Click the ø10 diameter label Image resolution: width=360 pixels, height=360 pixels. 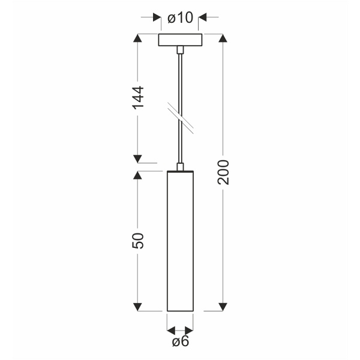coord(181,18)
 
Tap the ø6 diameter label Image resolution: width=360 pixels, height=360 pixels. coord(180,343)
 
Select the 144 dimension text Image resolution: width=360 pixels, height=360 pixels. coord(138,98)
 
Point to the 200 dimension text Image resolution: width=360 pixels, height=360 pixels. coord(223,172)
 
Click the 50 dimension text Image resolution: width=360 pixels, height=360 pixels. coord(138,240)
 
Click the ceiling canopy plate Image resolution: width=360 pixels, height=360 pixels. coord(181,40)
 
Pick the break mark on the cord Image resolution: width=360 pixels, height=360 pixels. coord(180,118)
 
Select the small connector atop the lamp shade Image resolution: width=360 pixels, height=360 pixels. coord(180,166)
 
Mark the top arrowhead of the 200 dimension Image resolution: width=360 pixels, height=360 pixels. coord(223,38)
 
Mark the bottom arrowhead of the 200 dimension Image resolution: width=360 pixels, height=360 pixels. coord(223,307)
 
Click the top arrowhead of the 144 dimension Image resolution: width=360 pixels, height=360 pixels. coord(138,38)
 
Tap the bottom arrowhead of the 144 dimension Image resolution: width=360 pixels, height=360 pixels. coord(138,158)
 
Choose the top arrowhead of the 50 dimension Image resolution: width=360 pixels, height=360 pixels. coord(138,175)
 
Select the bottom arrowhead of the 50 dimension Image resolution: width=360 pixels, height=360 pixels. coord(138,307)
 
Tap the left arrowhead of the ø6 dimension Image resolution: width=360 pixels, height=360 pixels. coord(170,330)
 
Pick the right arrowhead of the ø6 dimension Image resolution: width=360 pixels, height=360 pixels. coord(190,330)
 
